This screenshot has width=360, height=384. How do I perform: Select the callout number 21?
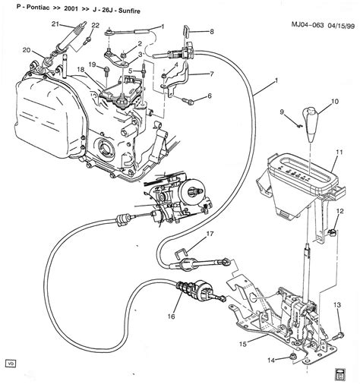55,24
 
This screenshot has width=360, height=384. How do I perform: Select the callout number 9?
280,112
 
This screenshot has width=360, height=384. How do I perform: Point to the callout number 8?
211,31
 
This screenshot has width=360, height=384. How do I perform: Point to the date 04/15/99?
336,7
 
